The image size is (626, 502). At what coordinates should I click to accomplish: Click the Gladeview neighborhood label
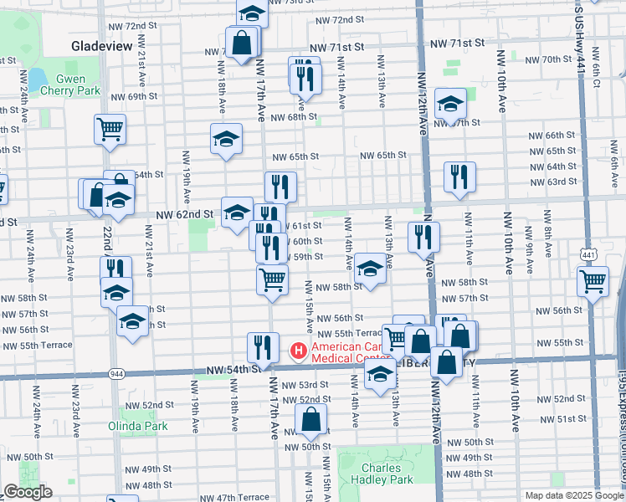tap(102, 46)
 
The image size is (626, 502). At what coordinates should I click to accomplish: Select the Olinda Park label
tap(138, 426)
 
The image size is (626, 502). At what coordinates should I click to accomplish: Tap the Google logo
tap(28, 492)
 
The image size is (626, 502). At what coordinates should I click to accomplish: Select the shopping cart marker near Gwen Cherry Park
tap(110, 130)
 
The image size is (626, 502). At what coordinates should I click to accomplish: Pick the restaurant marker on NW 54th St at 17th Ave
tap(263, 347)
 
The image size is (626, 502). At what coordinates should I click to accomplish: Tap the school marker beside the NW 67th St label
tap(450, 104)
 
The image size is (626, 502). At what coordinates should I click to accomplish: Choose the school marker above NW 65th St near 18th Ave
tap(226, 139)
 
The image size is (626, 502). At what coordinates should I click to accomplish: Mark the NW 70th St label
tap(544, 59)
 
